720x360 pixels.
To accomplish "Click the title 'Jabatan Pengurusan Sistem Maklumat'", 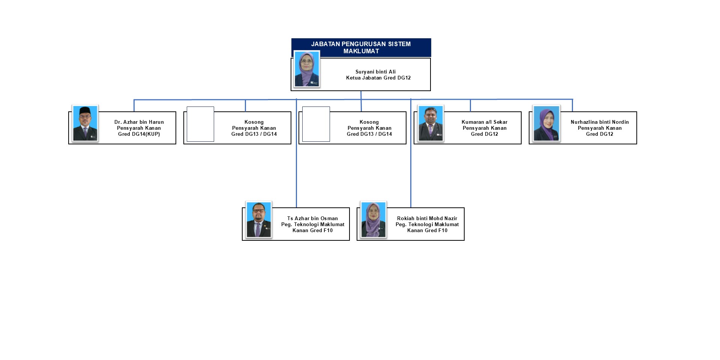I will click(x=361, y=48).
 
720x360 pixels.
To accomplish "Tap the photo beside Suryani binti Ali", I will click(x=307, y=69).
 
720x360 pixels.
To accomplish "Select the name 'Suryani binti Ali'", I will click(x=375, y=72).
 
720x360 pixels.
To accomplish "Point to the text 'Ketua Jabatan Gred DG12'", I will click(x=378, y=78).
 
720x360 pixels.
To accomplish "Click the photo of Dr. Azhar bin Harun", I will click(x=85, y=123).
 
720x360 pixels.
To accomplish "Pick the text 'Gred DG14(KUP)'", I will click(x=139, y=134).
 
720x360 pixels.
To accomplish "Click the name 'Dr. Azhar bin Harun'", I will click(x=139, y=122).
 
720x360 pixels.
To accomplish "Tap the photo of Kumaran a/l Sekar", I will click(x=430, y=123).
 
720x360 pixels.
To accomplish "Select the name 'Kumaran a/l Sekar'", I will click(x=484, y=122).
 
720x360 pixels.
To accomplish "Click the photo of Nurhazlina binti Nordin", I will click(x=546, y=123).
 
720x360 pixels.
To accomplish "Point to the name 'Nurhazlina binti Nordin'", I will click(x=599, y=122).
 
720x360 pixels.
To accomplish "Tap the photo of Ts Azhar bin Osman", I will click(x=258, y=220).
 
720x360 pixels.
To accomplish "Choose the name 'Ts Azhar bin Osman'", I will click(x=312, y=219).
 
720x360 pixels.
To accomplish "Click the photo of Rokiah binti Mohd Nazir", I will click(x=373, y=220).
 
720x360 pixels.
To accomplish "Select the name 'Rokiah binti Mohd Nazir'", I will click(x=427, y=219).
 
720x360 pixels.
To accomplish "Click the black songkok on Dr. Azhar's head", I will click(x=85, y=110).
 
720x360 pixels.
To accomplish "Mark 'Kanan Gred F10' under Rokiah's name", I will click(x=427, y=231).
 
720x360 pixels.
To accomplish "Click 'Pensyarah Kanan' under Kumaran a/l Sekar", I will click(x=484, y=128).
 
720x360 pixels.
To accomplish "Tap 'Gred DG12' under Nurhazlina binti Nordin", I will click(x=599, y=134).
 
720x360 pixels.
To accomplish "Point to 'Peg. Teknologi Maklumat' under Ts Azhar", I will click(x=312, y=225).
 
